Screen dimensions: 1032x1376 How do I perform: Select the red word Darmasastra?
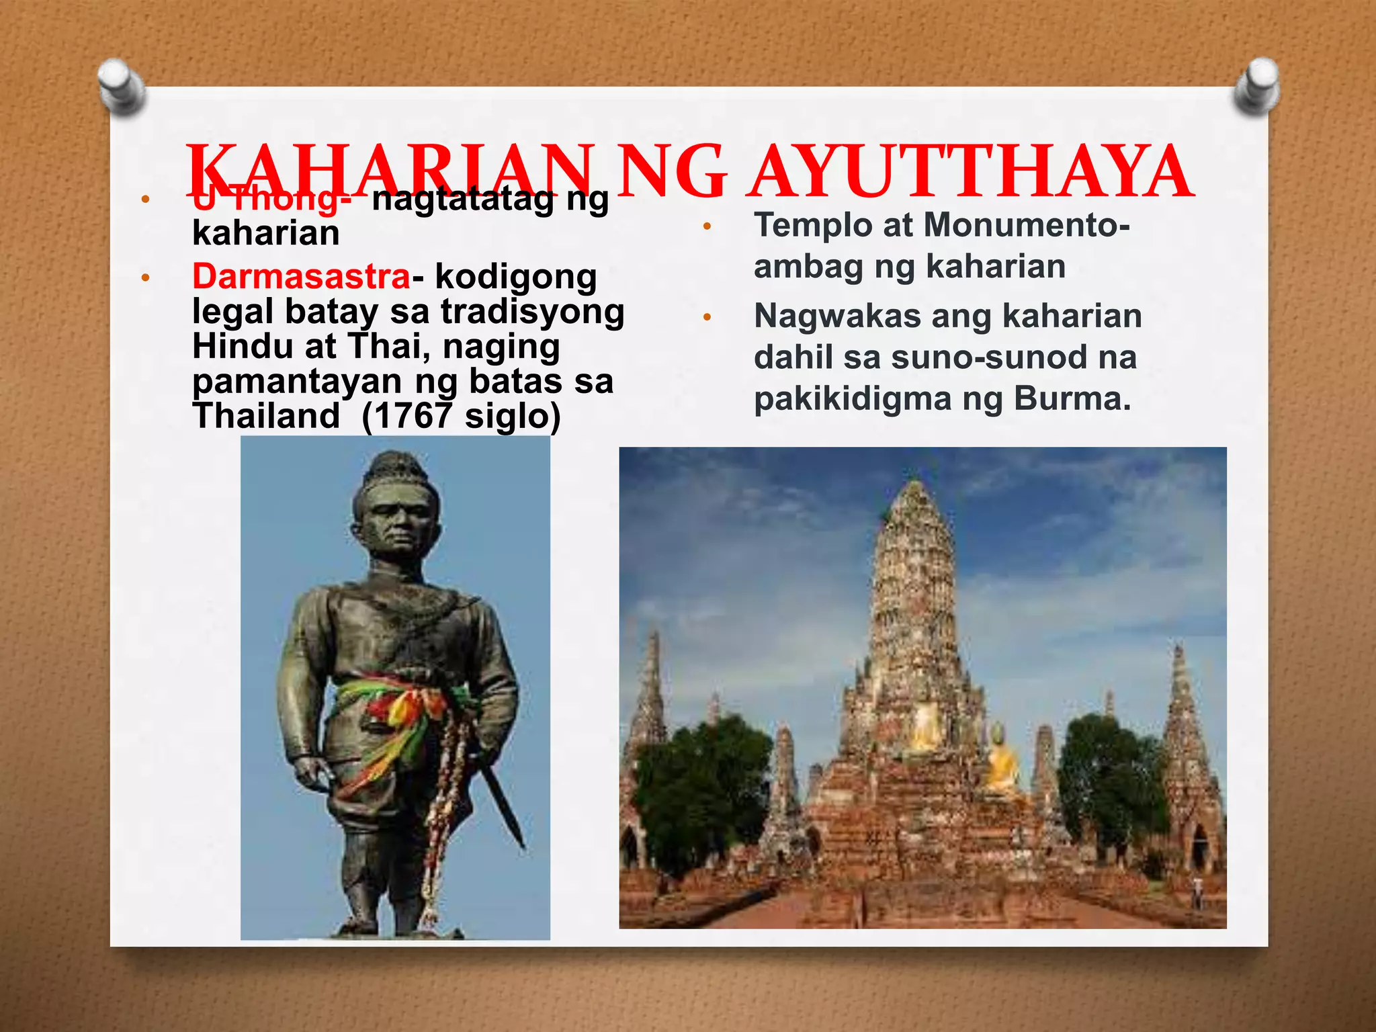[301, 276]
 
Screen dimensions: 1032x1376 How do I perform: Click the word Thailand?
[266, 415]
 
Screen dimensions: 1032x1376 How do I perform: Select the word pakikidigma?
[852, 399]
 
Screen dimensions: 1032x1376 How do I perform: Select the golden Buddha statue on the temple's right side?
[1001, 763]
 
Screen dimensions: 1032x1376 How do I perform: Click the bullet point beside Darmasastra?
[144, 277]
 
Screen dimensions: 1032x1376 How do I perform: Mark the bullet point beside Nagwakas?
[707, 316]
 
